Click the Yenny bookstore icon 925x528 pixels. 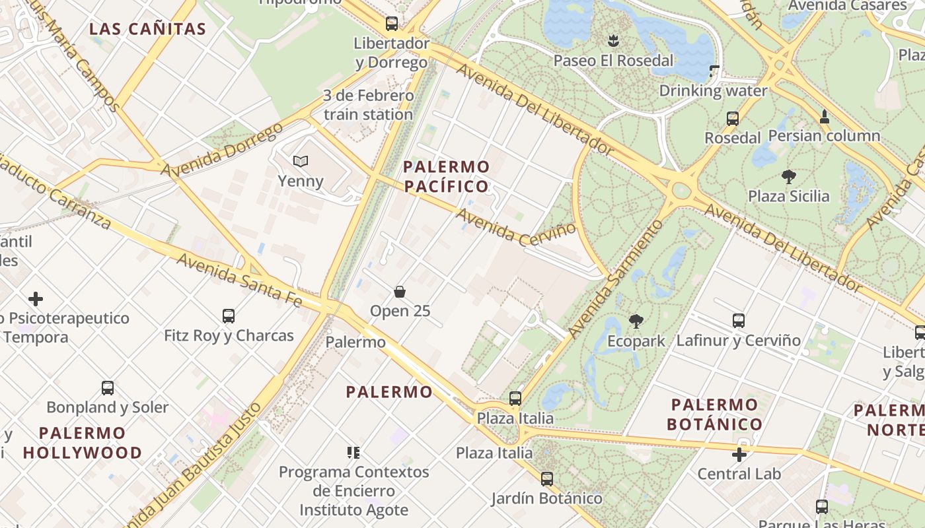pos(301,161)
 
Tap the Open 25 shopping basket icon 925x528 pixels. pos(400,291)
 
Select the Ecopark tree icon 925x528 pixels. pos(636,322)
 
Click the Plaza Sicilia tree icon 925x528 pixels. pos(788,177)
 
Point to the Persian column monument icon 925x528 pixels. pos(825,117)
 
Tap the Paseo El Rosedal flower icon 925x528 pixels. pos(614,41)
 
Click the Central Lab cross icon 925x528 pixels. pos(739,454)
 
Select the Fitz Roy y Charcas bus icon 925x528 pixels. pos(229,316)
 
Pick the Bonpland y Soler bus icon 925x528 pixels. pos(108,388)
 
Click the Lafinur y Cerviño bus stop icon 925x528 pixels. pos(739,321)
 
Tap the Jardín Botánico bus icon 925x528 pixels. pos(547,478)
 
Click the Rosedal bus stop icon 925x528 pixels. pos(733,119)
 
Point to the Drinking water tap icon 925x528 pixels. pos(714,71)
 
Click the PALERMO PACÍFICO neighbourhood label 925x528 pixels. pos(447,176)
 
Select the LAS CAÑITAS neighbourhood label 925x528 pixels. pos(148,29)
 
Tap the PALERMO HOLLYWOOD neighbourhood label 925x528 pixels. pos(83,443)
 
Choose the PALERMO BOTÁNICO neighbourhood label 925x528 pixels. pos(714,414)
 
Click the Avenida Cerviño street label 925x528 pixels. pos(516,228)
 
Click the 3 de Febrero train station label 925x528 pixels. pos(368,105)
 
